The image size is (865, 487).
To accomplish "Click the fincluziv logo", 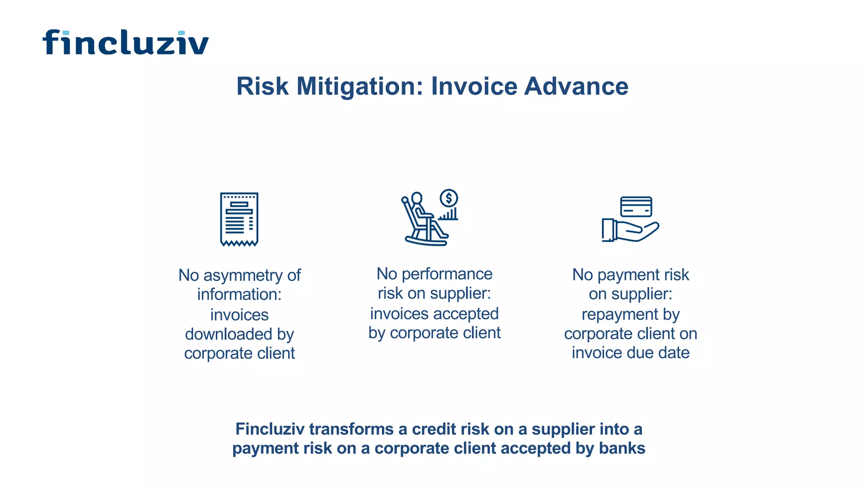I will pyautogui.click(x=125, y=42).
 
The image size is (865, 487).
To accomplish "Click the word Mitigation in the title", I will pyautogui.click(x=360, y=87).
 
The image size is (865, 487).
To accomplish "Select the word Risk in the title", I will pyautogui.click(x=262, y=86).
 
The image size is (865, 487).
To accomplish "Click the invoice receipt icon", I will pyautogui.click(x=239, y=219).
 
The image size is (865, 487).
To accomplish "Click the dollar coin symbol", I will pyautogui.click(x=449, y=198).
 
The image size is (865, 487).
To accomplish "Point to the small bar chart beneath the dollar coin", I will pyautogui.click(x=449, y=214).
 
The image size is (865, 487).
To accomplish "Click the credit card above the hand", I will pyautogui.click(x=636, y=207).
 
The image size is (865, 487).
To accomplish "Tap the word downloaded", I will pyautogui.click(x=228, y=334).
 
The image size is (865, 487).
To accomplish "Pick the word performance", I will pyautogui.click(x=447, y=274).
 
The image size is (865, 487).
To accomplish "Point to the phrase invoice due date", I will pyautogui.click(x=631, y=353).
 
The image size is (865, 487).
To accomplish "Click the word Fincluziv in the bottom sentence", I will pyautogui.click(x=269, y=429).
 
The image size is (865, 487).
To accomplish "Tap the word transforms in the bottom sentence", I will pyautogui.click(x=351, y=429).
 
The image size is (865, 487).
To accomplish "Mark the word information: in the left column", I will pyautogui.click(x=239, y=294).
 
